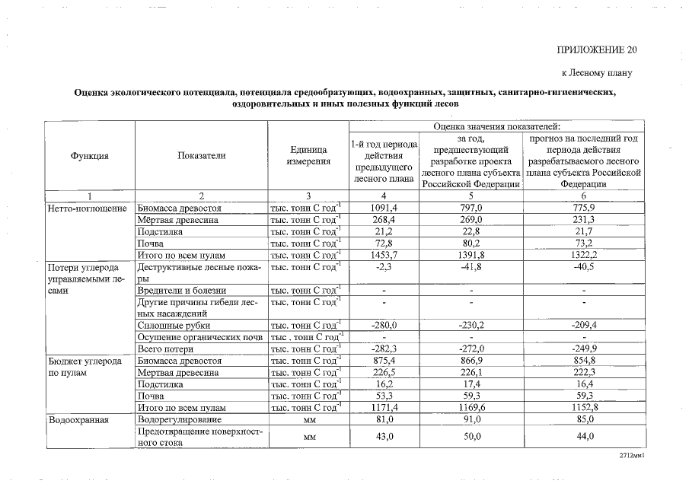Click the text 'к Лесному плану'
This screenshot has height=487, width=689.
[598, 73]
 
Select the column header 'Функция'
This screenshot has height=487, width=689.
[89, 155]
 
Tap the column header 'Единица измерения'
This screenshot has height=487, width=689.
[308, 155]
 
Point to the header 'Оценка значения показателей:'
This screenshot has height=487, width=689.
[496, 126]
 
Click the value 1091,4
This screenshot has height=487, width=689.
[384, 208]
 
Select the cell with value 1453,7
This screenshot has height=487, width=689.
[384, 255]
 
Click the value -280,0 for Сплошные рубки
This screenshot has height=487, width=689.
[384, 326]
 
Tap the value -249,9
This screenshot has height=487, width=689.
[583, 349]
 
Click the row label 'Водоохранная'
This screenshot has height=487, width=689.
[78, 420]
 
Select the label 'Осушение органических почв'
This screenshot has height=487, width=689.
[199, 337]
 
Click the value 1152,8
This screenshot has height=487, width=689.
[583, 408]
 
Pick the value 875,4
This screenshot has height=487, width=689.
[384, 361]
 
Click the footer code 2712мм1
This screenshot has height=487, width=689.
[632, 456]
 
